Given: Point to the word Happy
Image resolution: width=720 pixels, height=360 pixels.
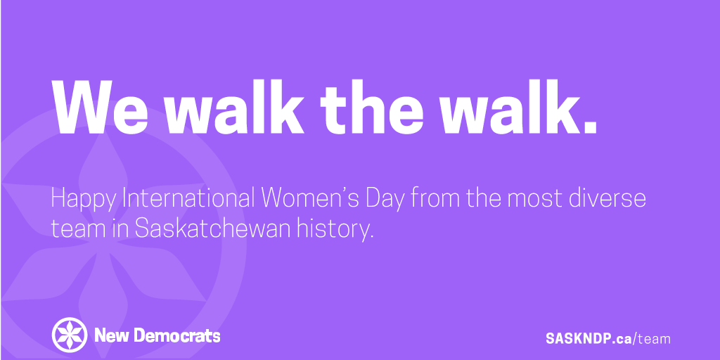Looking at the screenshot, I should [83, 200].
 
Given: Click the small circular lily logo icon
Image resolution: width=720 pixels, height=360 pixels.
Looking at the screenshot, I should [70, 335].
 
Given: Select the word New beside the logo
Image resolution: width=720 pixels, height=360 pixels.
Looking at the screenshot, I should [110, 335].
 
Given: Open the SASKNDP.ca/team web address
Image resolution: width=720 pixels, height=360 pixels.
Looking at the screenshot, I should [607, 338].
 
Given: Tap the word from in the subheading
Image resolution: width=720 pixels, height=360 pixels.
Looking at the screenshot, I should [436, 198].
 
